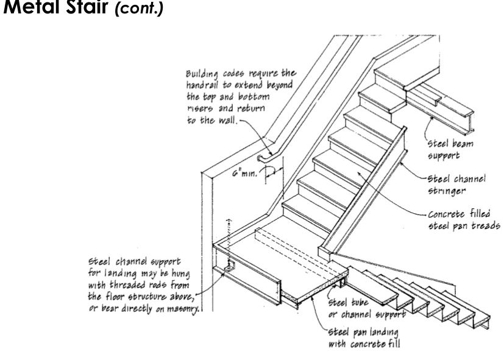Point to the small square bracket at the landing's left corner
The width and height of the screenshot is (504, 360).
(x=231, y=267)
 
